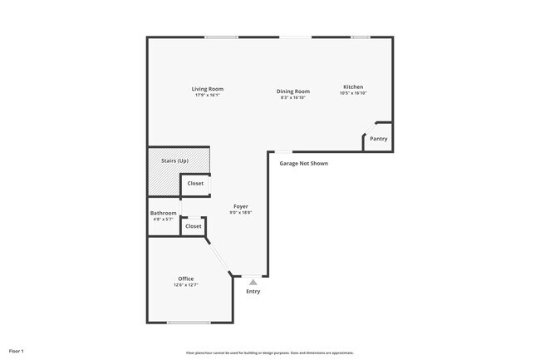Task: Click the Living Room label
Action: tap(207, 89)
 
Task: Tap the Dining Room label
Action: tap(293, 91)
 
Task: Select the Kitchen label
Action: tap(353, 87)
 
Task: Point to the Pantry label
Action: tap(378, 139)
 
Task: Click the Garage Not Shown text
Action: tap(303, 164)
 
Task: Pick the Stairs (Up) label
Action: tap(174, 160)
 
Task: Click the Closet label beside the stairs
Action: tap(195, 183)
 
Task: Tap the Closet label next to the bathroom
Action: tap(194, 226)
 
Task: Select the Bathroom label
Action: tap(163, 213)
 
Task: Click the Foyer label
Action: tap(240, 206)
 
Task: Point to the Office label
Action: tap(185, 279)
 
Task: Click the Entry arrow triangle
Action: tap(253, 282)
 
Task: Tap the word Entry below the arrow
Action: tap(253, 291)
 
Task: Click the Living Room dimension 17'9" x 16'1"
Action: tap(207, 95)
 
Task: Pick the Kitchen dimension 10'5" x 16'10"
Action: tap(353, 93)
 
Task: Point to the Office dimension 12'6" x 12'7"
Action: tap(185, 284)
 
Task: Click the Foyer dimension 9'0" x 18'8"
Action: tap(240, 213)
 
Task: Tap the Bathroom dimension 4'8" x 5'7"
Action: tap(163, 219)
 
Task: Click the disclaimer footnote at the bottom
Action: tap(270, 353)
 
